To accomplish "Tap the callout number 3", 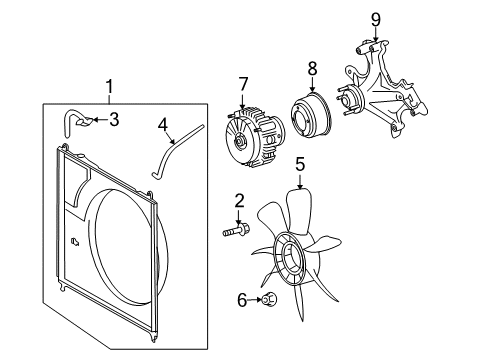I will click(x=114, y=120).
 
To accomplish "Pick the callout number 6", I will click(x=241, y=298).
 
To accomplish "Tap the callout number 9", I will click(x=375, y=18).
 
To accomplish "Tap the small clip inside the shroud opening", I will click(x=76, y=240).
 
